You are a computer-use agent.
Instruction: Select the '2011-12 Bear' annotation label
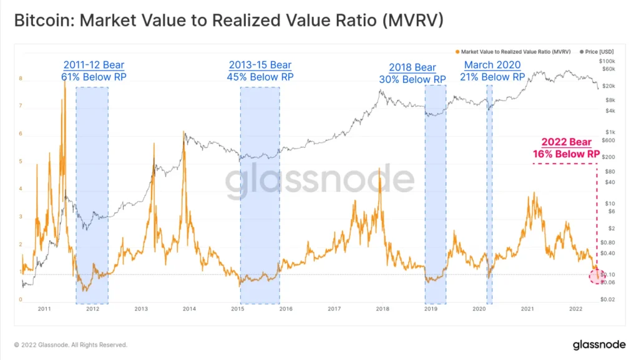[x=93, y=65]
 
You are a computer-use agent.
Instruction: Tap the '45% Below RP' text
[x=260, y=77]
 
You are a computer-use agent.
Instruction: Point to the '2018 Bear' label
[x=412, y=67]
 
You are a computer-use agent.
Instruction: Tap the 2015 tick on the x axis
[x=237, y=309]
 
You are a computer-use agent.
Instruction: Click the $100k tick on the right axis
[x=607, y=61]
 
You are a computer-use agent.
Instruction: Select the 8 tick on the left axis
[x=21, y=79]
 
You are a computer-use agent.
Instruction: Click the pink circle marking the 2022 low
[x=597, y=277]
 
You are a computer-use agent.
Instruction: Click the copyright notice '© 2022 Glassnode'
[x=71, y=344]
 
